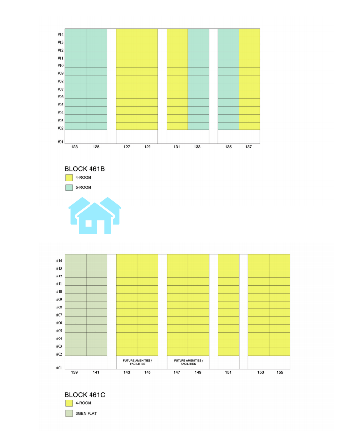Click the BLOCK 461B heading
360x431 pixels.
coord(85,169)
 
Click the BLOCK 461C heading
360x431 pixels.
coord(85,395)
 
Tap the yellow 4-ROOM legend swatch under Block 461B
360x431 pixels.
coord(69,178)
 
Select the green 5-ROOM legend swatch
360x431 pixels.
coord(69,187)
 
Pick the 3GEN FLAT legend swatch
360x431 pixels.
coord(69,413)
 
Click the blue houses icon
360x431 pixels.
coord(94,215)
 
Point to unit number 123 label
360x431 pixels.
coord(75,147)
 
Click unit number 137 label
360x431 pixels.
coord(249,147)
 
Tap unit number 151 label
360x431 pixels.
coord(228,372)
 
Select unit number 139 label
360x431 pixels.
coord(75,372)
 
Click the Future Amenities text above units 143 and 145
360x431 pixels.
coord(137,362)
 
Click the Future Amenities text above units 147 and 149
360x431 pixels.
coord(188,362)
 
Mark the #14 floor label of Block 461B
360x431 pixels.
coord(60,35)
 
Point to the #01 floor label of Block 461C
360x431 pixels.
coord(59,368)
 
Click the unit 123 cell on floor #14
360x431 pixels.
coord(75,32)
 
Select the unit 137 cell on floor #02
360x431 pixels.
coord(249,126)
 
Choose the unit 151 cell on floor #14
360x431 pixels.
coord(228,258)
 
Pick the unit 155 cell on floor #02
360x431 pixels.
coord(279,352)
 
